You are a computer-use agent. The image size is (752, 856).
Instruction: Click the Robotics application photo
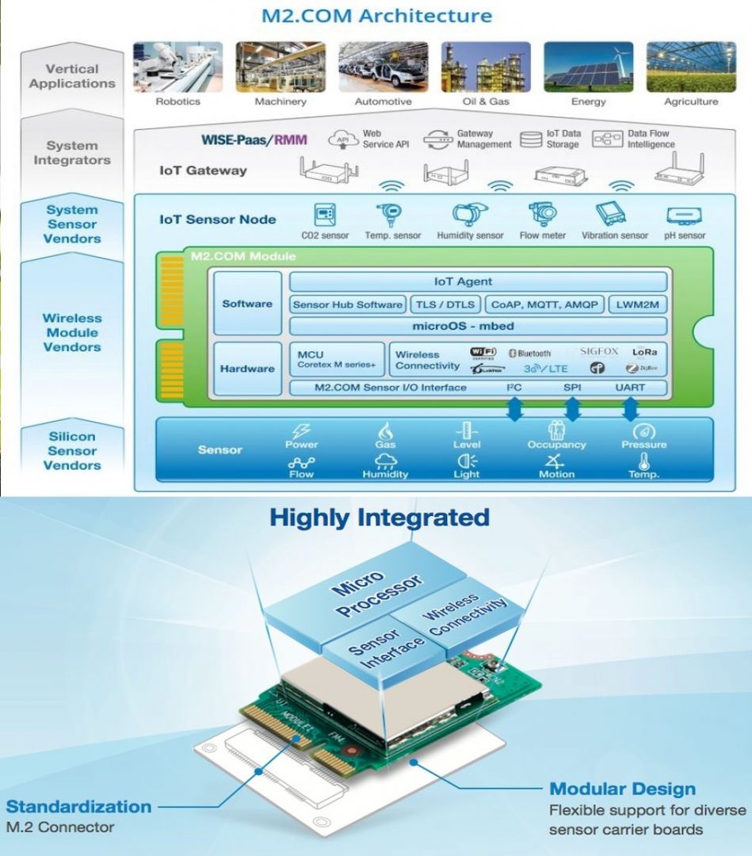tap(178, 67)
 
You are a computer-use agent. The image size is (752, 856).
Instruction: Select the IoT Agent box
tap(478, 281)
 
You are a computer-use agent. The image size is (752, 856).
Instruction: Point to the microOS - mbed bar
tap(478, 327)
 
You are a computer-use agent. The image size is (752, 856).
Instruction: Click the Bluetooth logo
tap(529, 353)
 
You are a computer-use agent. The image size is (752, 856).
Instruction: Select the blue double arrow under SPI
tap(572, 409)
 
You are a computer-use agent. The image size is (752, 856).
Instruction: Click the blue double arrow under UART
tap(631, 409)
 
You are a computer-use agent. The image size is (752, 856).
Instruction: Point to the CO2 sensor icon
tap(324, 215)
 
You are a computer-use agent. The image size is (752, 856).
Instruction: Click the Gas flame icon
tap(386, 430)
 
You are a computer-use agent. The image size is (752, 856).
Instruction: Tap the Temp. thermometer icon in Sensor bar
tap(643, 460)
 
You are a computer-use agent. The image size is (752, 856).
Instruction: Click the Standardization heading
tap(78, 807)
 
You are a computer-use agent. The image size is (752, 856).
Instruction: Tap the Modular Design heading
tap(622, 789)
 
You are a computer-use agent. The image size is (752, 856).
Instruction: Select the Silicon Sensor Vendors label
tap(72, 450)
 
